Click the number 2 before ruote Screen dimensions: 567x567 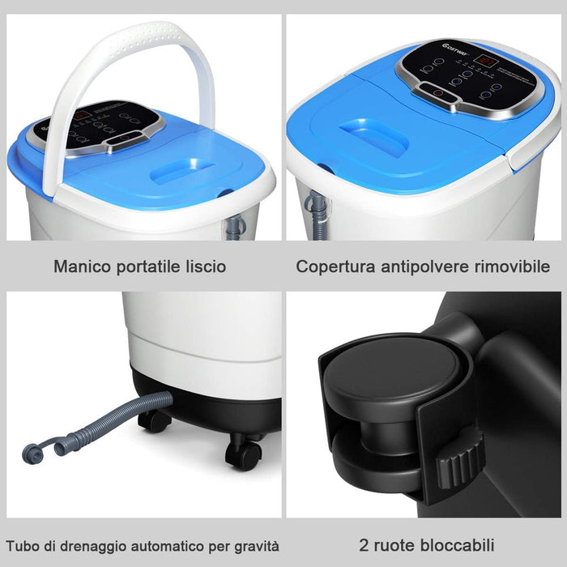363,545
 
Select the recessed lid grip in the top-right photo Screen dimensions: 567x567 373,138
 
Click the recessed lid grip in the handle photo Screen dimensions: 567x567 183,171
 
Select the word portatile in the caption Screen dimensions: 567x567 145,266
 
